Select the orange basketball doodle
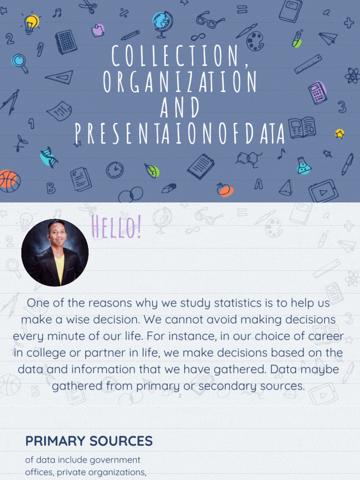point(9,180)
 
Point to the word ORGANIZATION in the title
point(180,82)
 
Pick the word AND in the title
point(180,107)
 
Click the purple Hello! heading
point(116,227)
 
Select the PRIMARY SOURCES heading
point(89,441)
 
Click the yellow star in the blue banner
point(339,134)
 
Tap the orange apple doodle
point(224,189)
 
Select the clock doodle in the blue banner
point(114,170)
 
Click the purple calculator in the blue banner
point(317,92)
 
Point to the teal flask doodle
point(303,166)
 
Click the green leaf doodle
point(152,171)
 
